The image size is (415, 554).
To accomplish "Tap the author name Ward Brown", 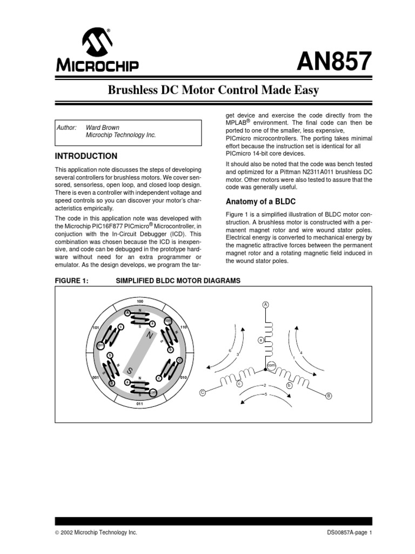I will (103, 128).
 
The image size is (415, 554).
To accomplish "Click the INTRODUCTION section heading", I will (86, 156).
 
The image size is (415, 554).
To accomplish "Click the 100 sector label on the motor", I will (139, 301).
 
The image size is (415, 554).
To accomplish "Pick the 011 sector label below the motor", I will (139, 404).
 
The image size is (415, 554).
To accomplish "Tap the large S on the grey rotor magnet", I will (130, 371).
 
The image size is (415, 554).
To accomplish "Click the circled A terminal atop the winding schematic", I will (265, 305).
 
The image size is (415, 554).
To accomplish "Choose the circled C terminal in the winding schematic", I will (202, 393).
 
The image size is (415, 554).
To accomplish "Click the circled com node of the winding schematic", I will (271, 366).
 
